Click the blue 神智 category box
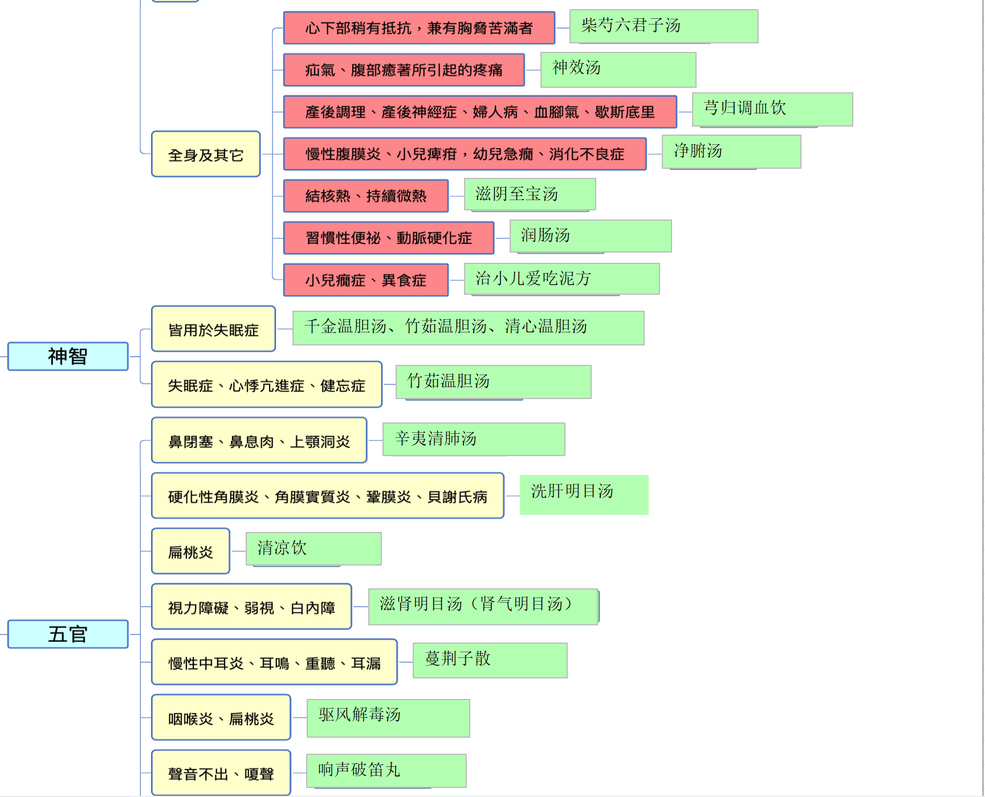pos(68,356)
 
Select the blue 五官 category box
pos(68,634)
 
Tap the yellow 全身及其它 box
pos(206,154)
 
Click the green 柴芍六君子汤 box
pos(664,26)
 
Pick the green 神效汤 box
pos(618,70)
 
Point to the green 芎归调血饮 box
pos(772,109)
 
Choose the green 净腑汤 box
pos(731,152)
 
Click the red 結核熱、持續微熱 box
pos(366,196)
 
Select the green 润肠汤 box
pos(591,236)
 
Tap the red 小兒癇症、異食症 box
pos(366,280)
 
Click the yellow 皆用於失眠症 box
pos(214,329)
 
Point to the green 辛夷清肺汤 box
pos(474,439)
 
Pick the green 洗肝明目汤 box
pos(584,495)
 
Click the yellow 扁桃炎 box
pos(191,551)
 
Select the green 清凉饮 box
pos(314,549)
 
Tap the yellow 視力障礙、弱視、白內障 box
pos(251,607)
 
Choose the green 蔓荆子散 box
pos(490,660)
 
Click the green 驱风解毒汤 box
pos(388,718)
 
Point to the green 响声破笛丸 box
pos(386,771)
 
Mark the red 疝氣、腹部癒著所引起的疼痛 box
pos(404,70)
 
